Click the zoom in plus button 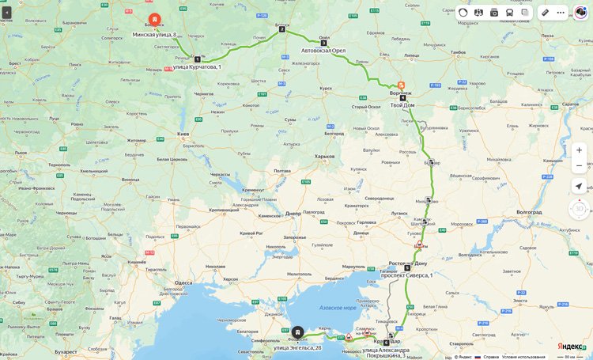pos(579,150)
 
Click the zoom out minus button pos(579,166)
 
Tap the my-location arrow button pos(579,187)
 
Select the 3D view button pos(579,209)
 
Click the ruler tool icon pos(545,13)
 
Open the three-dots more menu pos(561,13)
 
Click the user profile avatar pos(580,13)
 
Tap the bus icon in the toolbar pos(509,13)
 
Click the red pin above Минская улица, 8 pos(154,18)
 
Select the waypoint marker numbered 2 pos(281,29)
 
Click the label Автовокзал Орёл pos(323,51)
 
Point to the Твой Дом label pos(402,105)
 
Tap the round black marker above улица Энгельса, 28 pos(297,333)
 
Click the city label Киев pos(183,135)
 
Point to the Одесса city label pos(183,282)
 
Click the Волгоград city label pos(528,213)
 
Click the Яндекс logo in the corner pos(571,347)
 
